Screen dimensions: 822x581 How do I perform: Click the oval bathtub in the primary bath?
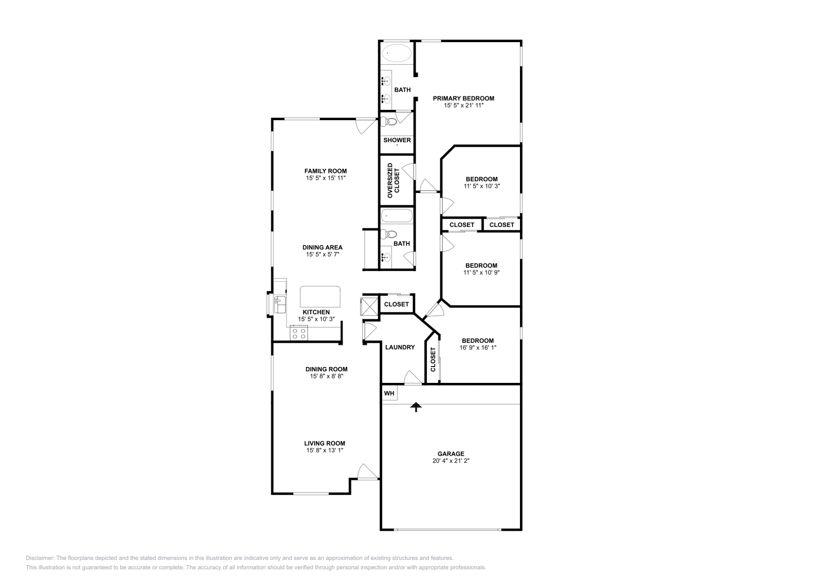pyautogui.click(x=397, y=53)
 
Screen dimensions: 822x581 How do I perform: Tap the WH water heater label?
pyautogui.click(x=389, y=393)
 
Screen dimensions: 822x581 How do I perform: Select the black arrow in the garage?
pyautogui.click(x=416, y=407)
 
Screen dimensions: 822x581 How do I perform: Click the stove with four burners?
pyautogui.click(x=298, y=333)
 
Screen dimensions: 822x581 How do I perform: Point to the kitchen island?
pyautogui.click(x=320, y=297)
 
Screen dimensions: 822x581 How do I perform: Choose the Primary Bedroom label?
pyautogui.click(x=463, y=98)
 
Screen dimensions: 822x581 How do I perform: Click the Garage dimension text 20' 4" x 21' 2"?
pyautogui.click(x=451, y=461)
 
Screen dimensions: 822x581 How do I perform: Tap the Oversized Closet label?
pyautogui.click(x=393, y=180)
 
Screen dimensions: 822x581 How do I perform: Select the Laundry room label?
pyautogui.click(x=400, y=347)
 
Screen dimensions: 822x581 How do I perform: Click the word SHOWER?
pyautogui.click(x=397, y=140)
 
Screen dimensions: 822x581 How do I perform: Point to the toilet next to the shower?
pyautogui.click(x=389, y=121)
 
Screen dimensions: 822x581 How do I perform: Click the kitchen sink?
pyautogui.click(x=279, y=304)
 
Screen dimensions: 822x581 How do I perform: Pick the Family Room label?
pyautogui.click(x=326, y=171)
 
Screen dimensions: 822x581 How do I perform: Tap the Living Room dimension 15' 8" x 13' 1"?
pyautogui.click(x=325, y=450)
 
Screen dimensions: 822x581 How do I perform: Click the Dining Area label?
pyautogui.click(x=323, y=247)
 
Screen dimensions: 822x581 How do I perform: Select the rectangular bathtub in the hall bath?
pyautogui.click(x=397, y=216)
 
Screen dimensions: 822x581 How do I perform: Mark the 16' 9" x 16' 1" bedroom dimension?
pyautogui.click(x=478, y=347)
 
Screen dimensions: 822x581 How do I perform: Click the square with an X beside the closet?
pyautogui.click(x=369, y=307)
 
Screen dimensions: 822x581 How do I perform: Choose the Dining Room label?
pyautogui.click(x=327, y=369)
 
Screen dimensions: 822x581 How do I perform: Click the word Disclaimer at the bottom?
pyautogui.click(x=40, y=558)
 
